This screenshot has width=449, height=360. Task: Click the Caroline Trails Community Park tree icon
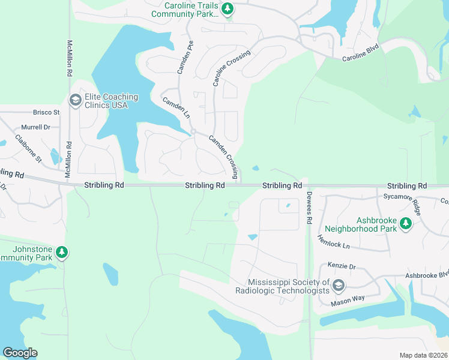[227, 8]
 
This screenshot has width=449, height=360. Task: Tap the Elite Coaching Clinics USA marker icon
[76, 100]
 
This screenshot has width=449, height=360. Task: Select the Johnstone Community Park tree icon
[62, 253]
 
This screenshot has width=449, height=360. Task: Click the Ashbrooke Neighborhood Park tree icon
[406, 224]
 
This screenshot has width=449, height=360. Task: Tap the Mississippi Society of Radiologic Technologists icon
[339, 286]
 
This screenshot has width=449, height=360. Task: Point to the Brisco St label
[46, 112]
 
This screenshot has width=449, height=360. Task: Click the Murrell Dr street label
[35, 127]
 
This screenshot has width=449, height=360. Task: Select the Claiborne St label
[29, 151]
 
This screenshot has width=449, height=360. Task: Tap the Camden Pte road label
[185, 57]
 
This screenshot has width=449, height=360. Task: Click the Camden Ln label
[176, 106]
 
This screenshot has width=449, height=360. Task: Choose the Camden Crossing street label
[224, 158]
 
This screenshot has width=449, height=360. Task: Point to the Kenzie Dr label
[342, 265]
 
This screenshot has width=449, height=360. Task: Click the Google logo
[20, 353]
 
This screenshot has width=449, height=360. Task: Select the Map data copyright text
[423, 355]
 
